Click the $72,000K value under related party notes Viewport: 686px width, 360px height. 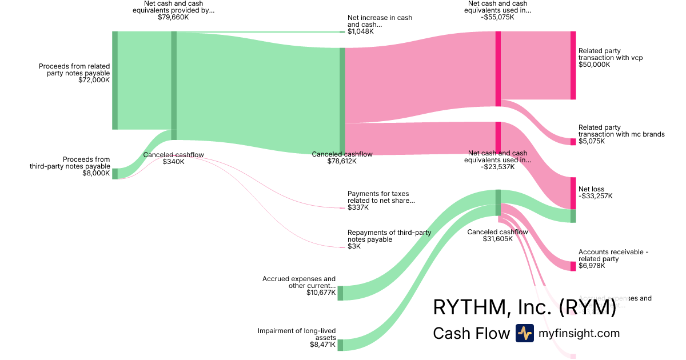point(94,81)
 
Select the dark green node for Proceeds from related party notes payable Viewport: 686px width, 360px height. point(115,81)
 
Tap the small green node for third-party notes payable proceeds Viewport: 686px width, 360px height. point(115,174)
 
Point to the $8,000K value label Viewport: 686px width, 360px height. point(96,173)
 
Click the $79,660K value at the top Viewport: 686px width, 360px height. point(173,17)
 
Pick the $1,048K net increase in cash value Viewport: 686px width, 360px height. point(360,31)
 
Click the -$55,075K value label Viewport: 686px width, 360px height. point(499,17)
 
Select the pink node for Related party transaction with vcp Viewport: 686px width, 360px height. point(573,65)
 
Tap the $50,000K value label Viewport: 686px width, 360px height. point(595,65)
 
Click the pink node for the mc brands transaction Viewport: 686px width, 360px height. point(573,142)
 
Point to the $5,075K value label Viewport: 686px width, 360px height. point(591,141)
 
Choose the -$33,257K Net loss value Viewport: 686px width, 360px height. point(596,196)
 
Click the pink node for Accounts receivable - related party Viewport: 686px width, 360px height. point(573,266)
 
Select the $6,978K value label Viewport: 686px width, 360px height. point(591,266)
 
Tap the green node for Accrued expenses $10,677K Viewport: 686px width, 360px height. point(340,293)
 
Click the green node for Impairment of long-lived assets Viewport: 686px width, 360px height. point(340,345)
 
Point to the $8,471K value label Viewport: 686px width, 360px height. point(322,345)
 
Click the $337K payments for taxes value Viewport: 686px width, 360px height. point(358,207)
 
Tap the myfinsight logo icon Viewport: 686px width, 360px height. point(524,333)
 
